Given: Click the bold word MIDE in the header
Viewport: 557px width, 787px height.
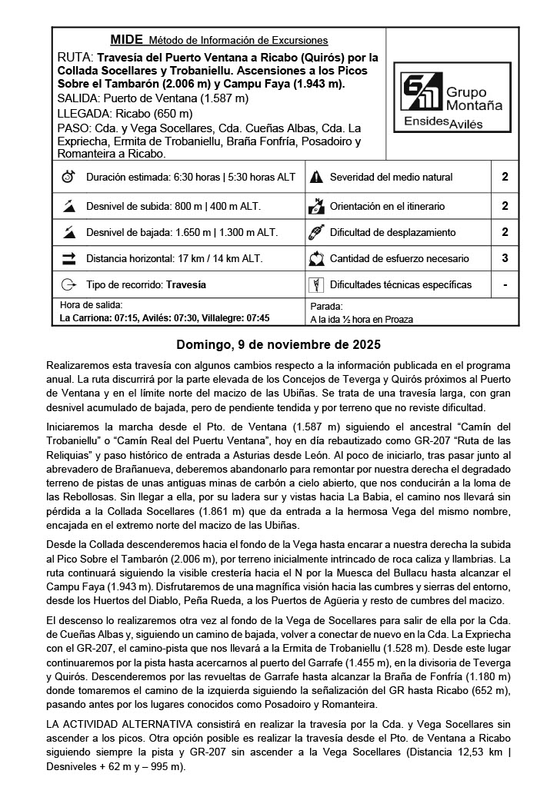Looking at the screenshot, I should [x=126, y=40].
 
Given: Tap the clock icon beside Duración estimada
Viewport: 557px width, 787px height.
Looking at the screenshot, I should [x=68, y=178].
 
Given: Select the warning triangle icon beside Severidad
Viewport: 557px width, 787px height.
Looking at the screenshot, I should [x=315, y=178].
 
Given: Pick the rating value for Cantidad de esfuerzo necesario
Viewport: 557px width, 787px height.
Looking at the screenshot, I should [x=505, y=259].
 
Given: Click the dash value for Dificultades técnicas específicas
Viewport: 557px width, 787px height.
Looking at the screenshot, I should [x=505, y=285].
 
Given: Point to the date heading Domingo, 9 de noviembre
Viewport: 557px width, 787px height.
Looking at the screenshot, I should [x=278, y=344].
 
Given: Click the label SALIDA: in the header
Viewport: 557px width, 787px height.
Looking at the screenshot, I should [x=78, y=98].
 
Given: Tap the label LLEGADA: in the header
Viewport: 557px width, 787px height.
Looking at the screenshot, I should [x=82, y=113].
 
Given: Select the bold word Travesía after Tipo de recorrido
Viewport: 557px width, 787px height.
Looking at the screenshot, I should [x=185, y=285].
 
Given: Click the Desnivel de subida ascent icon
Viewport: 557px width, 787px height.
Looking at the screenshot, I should [x=68, y=206].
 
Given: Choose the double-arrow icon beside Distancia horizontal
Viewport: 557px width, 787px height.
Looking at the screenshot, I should [x=68, y=259].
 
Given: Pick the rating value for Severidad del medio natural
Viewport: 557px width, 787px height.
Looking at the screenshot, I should [x=505, y=178].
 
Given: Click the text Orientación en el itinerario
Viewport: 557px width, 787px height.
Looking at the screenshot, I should [x=387, y=206].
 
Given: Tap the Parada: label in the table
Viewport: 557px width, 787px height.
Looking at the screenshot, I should [x=325, y=305].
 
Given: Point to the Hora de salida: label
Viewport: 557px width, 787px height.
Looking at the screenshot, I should [x=90, y=305].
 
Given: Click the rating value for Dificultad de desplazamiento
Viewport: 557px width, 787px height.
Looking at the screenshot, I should [x=505, y=232].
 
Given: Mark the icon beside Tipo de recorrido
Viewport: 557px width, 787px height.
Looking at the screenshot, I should [x=68, y=285].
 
